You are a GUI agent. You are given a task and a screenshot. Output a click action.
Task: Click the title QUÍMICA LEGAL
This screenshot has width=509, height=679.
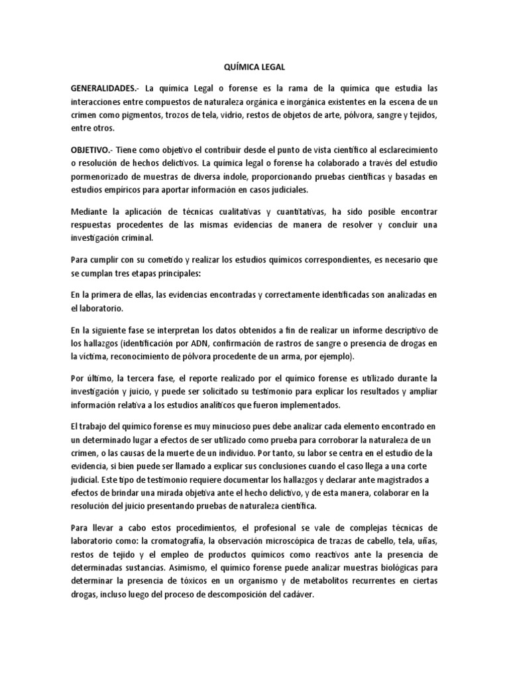click(254, 66)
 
